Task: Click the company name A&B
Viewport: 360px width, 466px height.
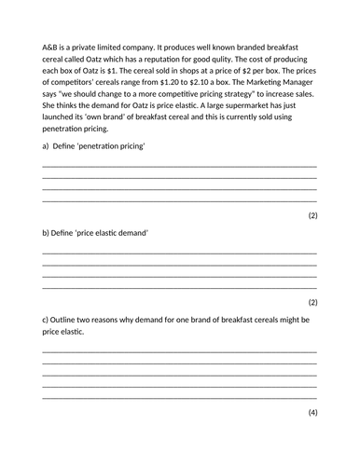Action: click(51, 46)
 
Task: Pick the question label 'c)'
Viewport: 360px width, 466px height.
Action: click(47, 319)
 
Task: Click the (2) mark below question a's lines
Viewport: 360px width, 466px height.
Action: click(312, 215)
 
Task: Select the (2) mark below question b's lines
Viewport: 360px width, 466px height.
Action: click(312, 301)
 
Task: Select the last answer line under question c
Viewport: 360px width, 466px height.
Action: click(179, 397)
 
